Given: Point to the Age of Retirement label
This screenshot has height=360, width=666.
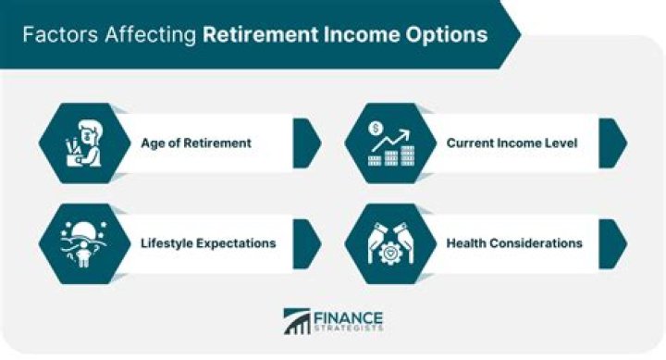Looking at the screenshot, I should pos(196,143).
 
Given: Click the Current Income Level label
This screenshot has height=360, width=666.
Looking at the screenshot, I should pos(513,143).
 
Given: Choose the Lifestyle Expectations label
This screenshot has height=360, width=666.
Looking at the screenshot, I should pos(208,243).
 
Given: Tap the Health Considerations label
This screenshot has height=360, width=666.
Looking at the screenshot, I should pos(514,243).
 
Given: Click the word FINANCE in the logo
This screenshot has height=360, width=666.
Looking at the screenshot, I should pos(347,315).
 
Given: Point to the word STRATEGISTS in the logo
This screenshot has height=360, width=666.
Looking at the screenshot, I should pos(347,329).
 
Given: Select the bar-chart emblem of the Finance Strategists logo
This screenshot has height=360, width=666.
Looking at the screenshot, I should pos(297,322).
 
